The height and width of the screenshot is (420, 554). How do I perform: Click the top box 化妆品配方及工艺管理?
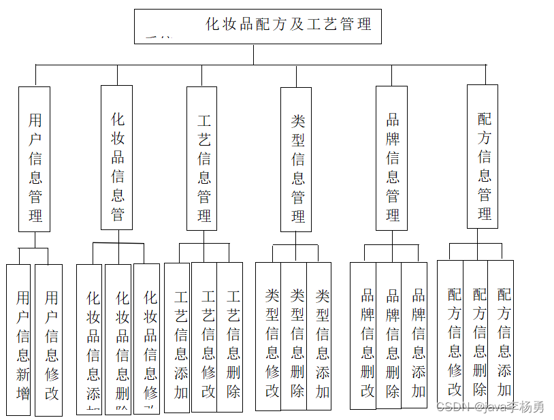pyautogui.click(x=257, y=27)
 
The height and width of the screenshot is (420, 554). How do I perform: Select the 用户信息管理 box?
pyautogui.click(x=35, y=159)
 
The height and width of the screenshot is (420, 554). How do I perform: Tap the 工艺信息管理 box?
pyautogui.click(x=202, y=158)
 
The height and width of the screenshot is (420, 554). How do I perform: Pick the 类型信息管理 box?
pyautogui.click(x=296, y=159)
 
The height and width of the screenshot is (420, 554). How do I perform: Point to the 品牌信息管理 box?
pyautogui.click(x=391, y=158)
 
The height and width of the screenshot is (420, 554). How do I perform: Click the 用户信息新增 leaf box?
pyautogui.click(x=19, y=340)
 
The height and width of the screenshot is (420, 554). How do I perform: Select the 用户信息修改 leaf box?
pyautogui.click(x=49, y=340)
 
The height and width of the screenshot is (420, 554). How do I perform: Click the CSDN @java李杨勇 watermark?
pyautogui.click(x=490, y=407)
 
